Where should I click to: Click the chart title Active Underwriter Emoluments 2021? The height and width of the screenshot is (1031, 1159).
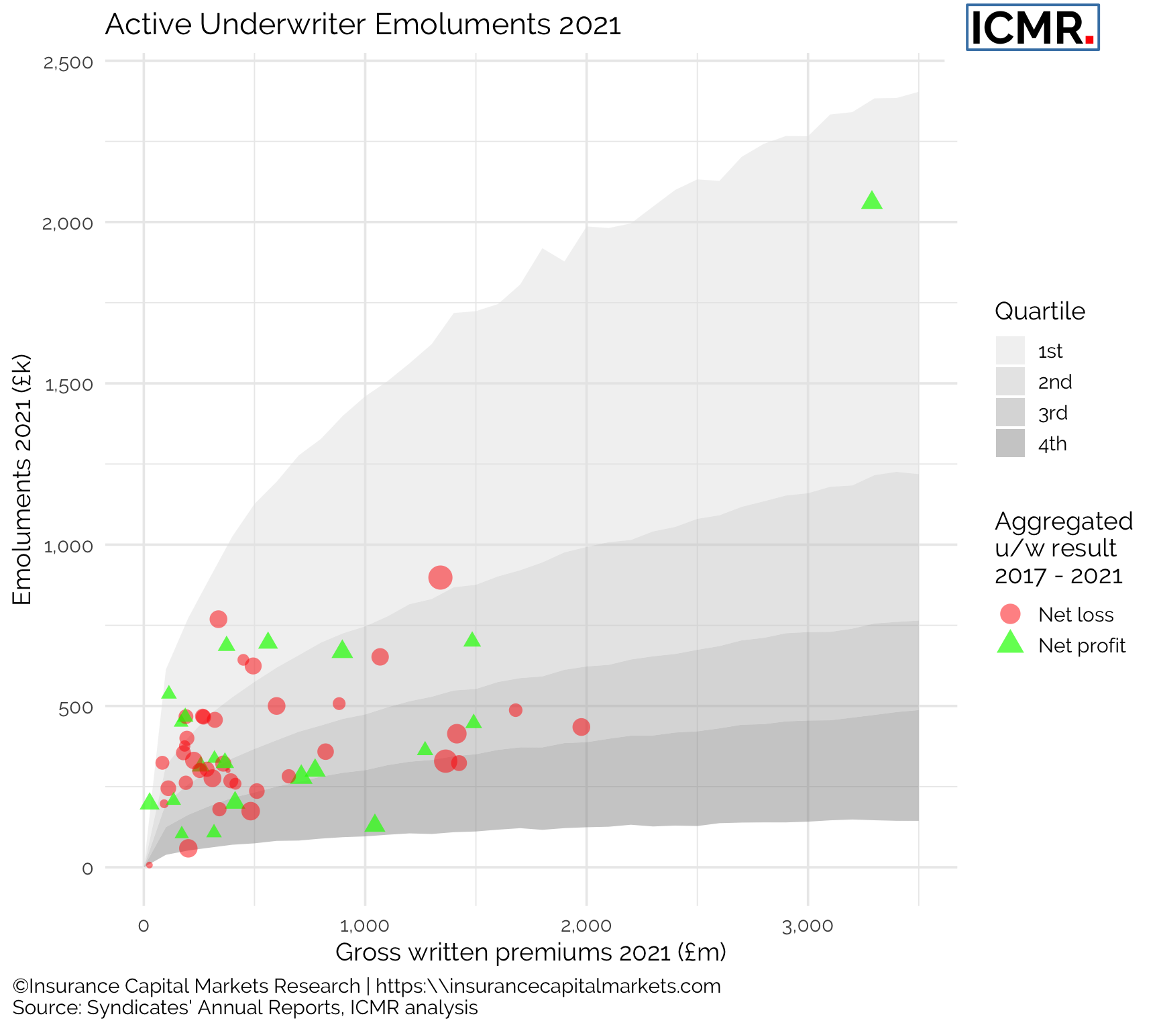tap(363, 26)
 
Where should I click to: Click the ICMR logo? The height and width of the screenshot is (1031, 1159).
tap(1032, 28)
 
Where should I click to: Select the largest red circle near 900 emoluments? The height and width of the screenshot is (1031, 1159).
tap(440, 577)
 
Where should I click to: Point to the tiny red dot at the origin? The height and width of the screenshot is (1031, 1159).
tap(149, 865)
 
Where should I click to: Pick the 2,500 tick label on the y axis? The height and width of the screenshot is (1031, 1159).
tap(68, 62)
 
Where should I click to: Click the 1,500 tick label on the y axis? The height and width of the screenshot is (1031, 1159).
tap(68, 385)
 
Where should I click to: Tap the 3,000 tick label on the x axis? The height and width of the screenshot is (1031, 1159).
tap(808, 927)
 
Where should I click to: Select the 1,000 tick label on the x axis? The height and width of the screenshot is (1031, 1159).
tap(365, 927)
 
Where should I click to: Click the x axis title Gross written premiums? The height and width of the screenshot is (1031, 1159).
tap(531, 952)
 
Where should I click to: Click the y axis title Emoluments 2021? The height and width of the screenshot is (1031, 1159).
tap(22, 479)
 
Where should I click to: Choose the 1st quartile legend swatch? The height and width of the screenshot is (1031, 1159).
tap(1010, 351)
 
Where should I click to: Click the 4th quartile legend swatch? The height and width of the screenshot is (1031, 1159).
tap(1010, 444)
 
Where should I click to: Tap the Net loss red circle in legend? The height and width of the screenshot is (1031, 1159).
tap(1010, 613)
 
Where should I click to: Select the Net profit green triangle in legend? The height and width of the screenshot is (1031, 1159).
tap(1010, 643)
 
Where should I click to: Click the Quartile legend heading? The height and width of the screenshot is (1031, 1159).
tap(1040, 311)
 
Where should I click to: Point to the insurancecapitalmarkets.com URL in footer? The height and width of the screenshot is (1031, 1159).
tap(548, 986)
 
